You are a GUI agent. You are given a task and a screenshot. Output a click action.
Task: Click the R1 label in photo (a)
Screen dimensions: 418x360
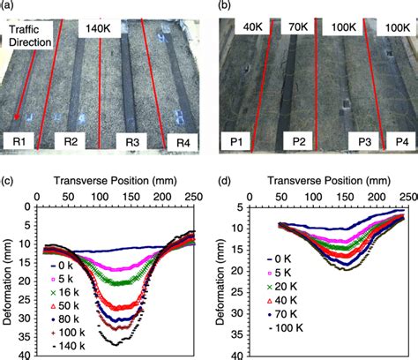pyautogui.click(x=19, y=141)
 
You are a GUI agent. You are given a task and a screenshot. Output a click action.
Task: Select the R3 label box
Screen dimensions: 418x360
pyautogui.click(x=132, y=142)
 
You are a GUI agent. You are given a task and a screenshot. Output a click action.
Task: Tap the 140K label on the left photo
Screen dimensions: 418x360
pyautogui.click(x=100, y=29)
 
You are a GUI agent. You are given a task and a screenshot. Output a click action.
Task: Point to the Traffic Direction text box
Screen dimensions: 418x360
pyautogui.click(x=30, y=35)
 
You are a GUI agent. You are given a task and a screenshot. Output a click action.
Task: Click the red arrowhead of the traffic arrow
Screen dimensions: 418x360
pyautogui.click(x=18, y=116)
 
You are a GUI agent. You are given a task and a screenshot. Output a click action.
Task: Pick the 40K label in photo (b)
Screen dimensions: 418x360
pyautogui.click(x=252, y=27)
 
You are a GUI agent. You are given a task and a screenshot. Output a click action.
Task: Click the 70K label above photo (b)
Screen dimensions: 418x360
pyautogui.click(x=298, y=27)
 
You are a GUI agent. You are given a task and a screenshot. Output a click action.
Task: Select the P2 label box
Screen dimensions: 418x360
pyautogui.click(x=299, y=141)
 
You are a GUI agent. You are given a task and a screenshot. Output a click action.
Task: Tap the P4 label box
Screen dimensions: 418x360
pyautogui.click(x=402, y=142)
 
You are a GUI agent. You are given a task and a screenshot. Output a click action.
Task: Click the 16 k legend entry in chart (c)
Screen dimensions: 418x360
pyautogui.click(x=65, y=292)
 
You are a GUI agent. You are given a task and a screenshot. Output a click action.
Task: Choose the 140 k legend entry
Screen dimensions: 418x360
pyautogui.click(x=68, y=346)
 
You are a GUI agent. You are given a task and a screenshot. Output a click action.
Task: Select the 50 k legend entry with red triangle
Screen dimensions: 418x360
pyautogui.click(x=65, y=306)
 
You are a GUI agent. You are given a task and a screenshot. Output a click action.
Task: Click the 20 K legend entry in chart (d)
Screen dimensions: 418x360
pyautogui.click(x=281, y=287)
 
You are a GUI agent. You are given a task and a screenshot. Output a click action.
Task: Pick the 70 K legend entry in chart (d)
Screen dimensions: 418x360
pyautogui.click(x=281, y=314)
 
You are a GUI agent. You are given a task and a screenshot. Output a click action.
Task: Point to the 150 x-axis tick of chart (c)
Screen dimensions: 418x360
pyautogui.click(x=131, y=196)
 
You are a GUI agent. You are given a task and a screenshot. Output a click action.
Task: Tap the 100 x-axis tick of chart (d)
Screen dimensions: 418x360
pyautogui.click(x=314, y=196)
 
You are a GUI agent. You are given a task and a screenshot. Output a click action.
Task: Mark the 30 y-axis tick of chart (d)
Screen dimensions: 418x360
pyautogui.click(x=237, y=313)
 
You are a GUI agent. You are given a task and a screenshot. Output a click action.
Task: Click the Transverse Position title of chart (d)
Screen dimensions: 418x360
pyautogui.click(x=329, y=180)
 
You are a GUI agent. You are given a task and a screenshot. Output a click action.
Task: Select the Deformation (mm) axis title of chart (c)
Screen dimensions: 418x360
pyautogui.click(x=7, y=281)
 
